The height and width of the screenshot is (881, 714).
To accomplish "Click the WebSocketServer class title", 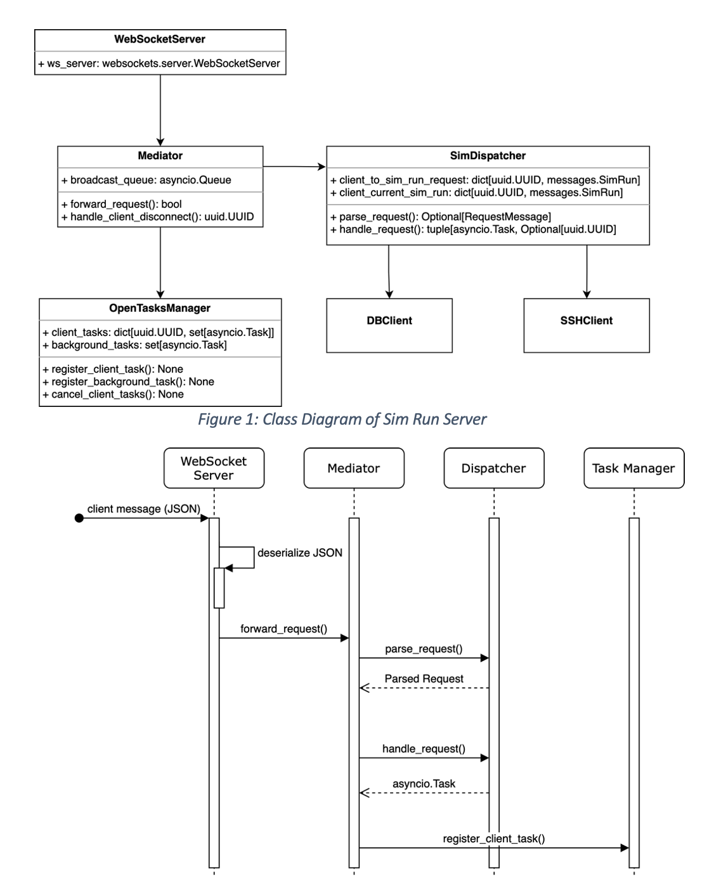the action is pyautogui.click(x=160, y=39).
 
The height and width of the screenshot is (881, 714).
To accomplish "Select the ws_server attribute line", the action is pyautogui.click(x=159, y=63).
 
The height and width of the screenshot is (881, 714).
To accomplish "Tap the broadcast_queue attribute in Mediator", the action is pyautogui.click(x=146, y=180).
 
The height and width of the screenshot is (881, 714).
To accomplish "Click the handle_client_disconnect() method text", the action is pyautogui.click(x=158, y=217).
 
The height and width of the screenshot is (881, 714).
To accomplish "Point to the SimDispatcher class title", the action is pyautogui.click(x=488, y=155).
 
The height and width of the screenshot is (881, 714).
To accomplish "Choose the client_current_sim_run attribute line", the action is pyautogui.click(x=477, y=192).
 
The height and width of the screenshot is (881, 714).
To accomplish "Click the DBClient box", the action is pyautogui.click(x=389, y=326).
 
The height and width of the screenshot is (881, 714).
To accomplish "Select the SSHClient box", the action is pyautogui.click(x=587, y=326).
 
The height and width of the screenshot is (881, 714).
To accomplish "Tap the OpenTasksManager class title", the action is pyautogui.click(x=160, y=308).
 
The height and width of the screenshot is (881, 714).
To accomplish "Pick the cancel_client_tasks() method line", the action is pyautogui.click(x=113, y=394).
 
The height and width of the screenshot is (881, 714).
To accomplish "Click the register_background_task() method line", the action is pyautogui.click(x=128, y=382).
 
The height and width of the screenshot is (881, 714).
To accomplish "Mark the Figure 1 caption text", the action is pyautogui.click(x=342, y=419).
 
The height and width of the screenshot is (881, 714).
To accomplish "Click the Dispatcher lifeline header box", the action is pyautogui.click(x=494, y=468).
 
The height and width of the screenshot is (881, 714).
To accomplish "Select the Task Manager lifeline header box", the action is pyautogui.click(x=633, y=468).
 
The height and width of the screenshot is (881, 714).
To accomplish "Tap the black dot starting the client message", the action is pyautogui.click(x=79, y=518).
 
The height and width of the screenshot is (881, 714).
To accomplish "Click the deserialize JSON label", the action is pyautogui.click(x=300, y=553).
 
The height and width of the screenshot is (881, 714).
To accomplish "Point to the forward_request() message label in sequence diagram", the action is pyautogui.click(x=284, y=629).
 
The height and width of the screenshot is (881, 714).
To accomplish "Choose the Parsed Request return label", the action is pyautogui.click(x=424, y=679).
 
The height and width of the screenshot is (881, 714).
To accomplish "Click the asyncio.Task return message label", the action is pyautogui.click(x=424, y=784).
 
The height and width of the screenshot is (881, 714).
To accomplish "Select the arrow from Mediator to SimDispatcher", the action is pyautogui.click(x=294, y=167).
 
